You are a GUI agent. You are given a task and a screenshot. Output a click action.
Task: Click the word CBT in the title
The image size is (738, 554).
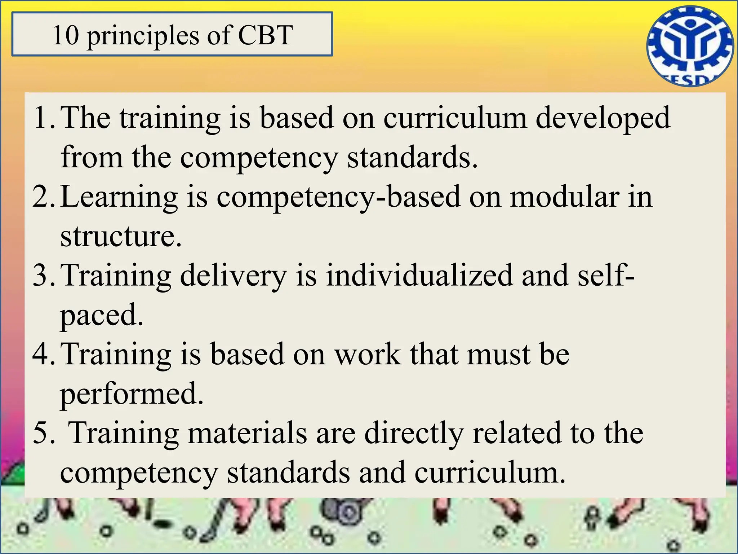click(265, 35)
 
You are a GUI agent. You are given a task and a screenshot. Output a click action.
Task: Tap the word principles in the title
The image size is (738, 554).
click(143, 36)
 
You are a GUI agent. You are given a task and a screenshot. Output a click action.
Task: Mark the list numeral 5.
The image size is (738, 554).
click(43, 432)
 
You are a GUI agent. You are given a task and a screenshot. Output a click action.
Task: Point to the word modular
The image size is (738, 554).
click(565, 197)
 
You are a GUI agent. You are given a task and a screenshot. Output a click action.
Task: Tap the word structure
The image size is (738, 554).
click(119, 236)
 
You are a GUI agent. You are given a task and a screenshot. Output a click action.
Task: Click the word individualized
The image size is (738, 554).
click(419, 275)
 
